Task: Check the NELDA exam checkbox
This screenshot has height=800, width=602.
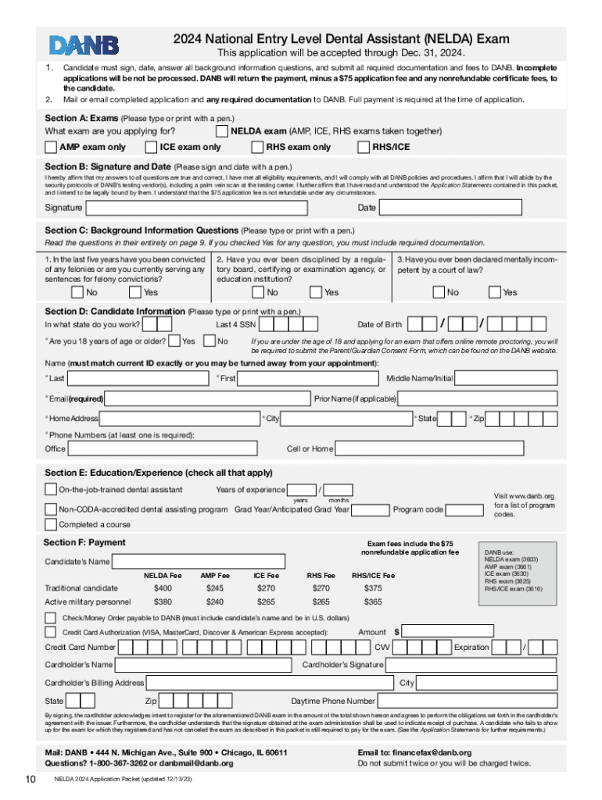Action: pyautogui.click(x=222, y=130)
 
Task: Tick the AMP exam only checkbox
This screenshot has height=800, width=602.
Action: pyautogui.click(x=52, y=147)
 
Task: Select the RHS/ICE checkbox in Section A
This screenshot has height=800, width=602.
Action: pyautogui.click(x=364, y=147)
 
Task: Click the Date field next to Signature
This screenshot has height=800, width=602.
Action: pyautogui.click(x=469, y=208)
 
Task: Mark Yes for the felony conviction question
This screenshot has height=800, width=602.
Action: pyautogui.click(x=135, y=292)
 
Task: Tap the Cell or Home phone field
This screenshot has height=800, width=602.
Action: pyautogui.click(x=446, y=448)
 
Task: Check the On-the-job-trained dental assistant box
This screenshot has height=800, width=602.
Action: pyautogui.click(x=51, y=490)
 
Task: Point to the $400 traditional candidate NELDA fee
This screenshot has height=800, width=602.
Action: pyautogui.click(x=163, y=587)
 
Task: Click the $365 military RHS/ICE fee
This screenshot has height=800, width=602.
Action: pyautogui.click(x=373, y=602)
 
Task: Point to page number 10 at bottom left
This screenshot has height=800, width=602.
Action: pyautogui.click(x=30, y=779)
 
